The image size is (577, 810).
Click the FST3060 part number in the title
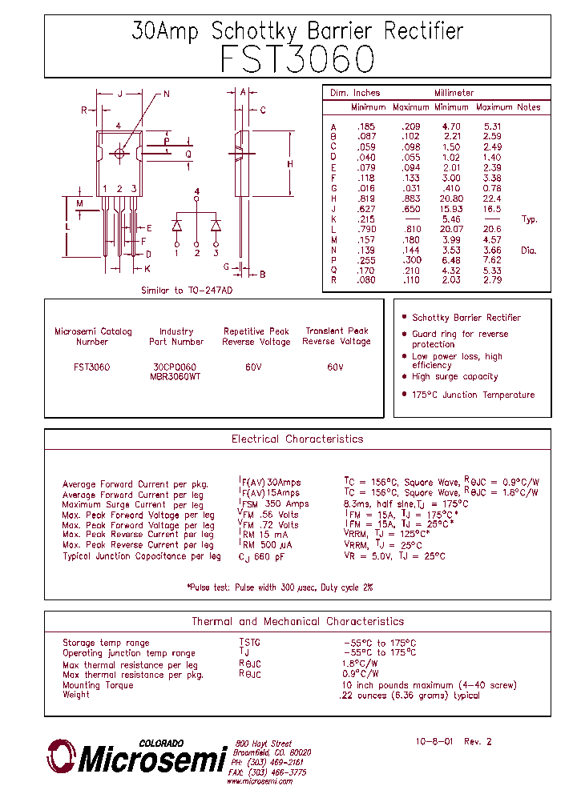point(297,60)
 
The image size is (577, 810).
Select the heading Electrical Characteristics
point(297,439)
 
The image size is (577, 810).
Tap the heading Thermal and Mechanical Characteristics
point(297,621)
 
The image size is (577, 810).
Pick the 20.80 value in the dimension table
point(451,198)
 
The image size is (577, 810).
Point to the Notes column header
point(529,107)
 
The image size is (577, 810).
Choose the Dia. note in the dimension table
point(528,251)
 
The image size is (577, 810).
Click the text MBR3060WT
point(176,376)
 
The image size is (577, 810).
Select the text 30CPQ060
point(176,367)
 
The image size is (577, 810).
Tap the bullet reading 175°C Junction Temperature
point(473,395)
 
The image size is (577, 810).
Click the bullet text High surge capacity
point(454,376)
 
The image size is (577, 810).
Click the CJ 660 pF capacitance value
point(262,556)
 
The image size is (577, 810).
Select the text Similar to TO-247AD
point(187,291)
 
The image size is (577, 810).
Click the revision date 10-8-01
point(435,742)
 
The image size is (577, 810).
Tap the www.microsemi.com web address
point(259,782)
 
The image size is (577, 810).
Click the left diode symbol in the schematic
point(177,226)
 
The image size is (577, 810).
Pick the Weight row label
point(77,696)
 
